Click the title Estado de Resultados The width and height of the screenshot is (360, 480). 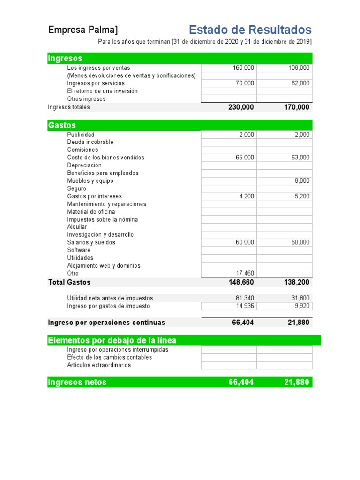pos(250,30)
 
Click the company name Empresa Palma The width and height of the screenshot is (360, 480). pos(83,30)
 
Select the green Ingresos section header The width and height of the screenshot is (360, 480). pos(65,58)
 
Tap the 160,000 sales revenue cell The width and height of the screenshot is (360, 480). pos(243,68)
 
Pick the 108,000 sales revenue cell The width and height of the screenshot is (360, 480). pos(299,68)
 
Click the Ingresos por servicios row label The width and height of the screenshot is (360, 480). pos(96,83)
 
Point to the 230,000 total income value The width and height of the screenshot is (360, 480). pos(241,107)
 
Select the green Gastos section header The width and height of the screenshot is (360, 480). pos(62,125)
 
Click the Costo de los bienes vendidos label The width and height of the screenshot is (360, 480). pos(106,157)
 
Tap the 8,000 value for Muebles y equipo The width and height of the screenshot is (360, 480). pos(302,181)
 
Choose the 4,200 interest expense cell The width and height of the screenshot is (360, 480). pos(247,196)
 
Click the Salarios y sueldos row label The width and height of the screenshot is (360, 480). pos(91,242)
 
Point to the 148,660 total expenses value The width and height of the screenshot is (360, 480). pos(241,282)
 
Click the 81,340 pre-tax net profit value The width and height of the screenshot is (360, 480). pos(245,298)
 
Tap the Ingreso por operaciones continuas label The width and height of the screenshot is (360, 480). pos(106,322)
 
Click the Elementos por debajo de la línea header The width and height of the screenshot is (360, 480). pos(112,340)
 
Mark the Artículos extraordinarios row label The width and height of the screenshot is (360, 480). pos(99,365)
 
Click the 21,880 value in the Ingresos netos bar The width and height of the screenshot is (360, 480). pos(296,382)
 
